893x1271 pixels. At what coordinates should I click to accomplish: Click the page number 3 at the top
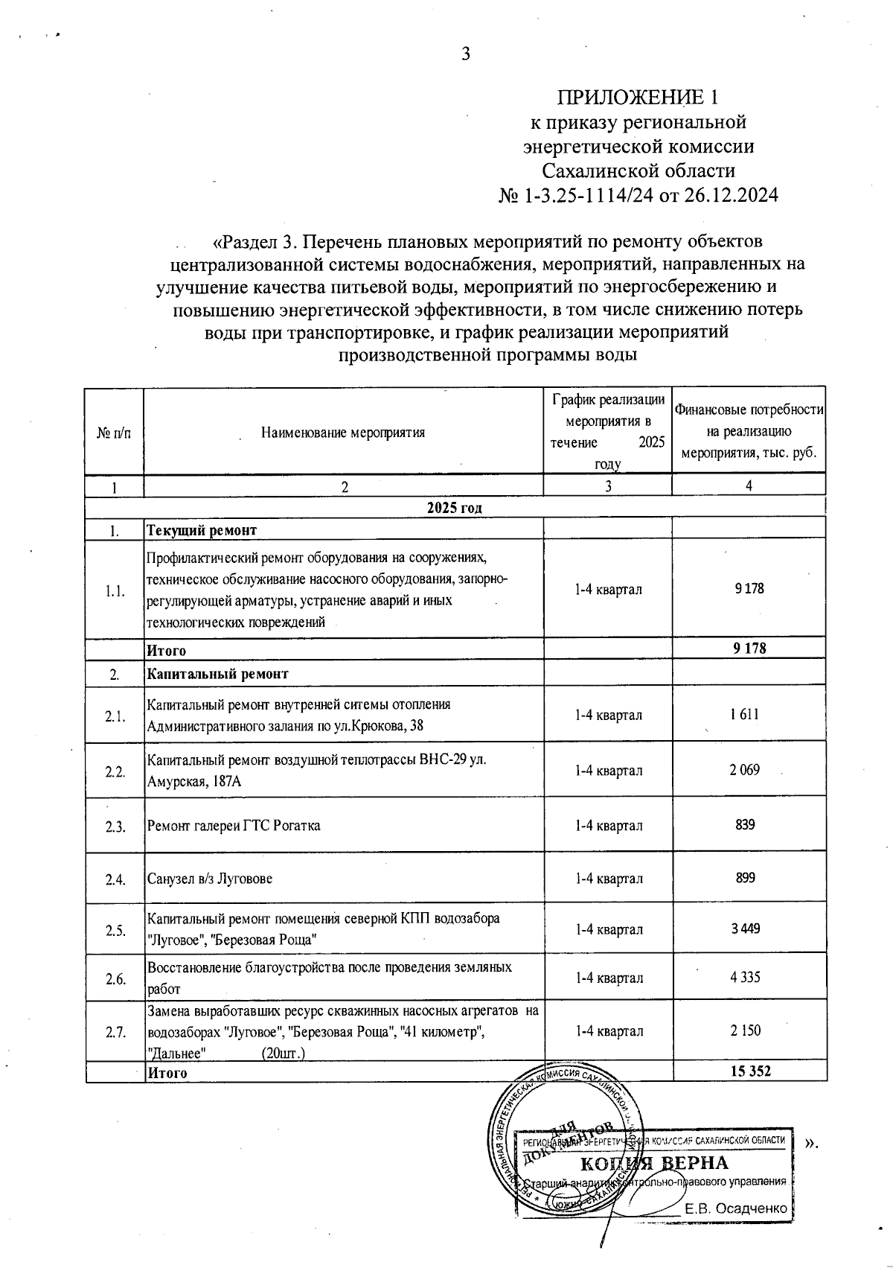[466, 54]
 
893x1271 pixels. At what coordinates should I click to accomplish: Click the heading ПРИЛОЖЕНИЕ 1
[638, 98]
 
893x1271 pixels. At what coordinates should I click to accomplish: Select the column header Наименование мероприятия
[343, 432]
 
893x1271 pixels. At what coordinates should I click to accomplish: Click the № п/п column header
[114, 433]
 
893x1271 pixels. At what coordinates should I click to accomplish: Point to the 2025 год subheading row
[454, 507]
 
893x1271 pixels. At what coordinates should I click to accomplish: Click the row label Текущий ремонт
[202, 530]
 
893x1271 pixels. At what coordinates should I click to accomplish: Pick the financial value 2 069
[745, 770]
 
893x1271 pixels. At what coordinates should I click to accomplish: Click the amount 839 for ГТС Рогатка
[745, 825]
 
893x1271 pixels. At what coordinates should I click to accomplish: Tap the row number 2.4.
[115, 879]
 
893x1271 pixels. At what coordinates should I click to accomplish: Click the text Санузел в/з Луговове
[210, 879]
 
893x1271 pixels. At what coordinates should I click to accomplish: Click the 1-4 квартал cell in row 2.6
[609, 978]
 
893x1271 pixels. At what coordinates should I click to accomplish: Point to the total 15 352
[750, 1071]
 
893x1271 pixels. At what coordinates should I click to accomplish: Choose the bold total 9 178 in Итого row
[749, 648]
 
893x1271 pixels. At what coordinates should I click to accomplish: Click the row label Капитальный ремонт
[217, 674]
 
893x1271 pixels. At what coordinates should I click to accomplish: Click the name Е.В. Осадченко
[736, 1208]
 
